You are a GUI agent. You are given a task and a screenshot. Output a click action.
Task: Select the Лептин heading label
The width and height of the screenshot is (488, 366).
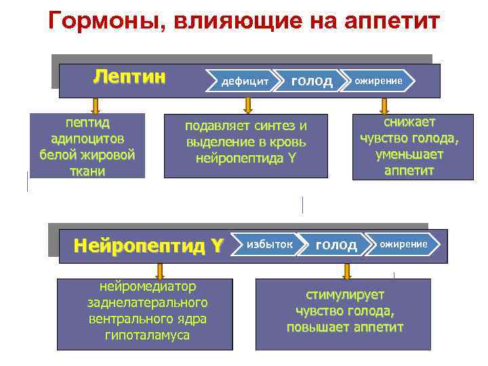coord(129,75)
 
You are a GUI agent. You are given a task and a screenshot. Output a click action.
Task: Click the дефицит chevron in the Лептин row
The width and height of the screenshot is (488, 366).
coord(245,81)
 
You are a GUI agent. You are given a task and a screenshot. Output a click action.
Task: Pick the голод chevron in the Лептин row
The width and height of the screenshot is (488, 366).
coord(311,81)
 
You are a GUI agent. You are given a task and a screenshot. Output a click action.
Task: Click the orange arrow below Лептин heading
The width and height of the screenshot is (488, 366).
coord(96,105)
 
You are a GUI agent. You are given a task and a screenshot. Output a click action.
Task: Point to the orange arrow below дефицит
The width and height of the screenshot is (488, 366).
coord(248,105)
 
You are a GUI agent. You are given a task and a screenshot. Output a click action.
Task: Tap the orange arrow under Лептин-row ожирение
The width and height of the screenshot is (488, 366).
coord(384,105)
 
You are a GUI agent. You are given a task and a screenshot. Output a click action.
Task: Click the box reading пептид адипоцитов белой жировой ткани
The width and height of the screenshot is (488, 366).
coord(87,146)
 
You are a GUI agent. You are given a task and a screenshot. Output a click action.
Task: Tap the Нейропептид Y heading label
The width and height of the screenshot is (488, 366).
coord(147,245)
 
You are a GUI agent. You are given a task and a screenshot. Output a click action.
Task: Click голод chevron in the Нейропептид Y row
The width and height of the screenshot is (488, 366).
coord(336,245)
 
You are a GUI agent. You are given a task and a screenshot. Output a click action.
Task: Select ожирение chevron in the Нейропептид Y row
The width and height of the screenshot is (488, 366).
coord(403,244)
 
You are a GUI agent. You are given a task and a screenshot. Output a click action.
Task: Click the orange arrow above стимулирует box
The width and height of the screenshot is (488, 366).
coord(347,271)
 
